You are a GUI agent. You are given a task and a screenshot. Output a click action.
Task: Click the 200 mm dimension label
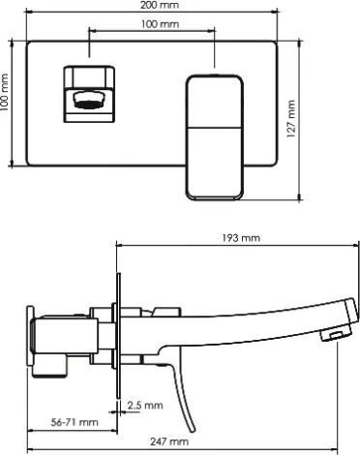pos(160,5)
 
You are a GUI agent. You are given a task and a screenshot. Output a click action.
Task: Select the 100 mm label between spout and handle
pos(160,24)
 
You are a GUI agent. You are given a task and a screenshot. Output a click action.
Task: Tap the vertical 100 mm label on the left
pos(4,92)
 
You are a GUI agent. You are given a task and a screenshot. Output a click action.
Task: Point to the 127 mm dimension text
pos(290,119)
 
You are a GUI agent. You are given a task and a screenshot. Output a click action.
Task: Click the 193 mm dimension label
pos(241,238)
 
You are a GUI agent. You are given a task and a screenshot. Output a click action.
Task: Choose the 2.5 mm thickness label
pos(145,406)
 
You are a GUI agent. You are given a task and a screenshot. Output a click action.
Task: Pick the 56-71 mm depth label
pos(75,422)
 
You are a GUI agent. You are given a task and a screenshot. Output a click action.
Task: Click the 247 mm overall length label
pos(169,441)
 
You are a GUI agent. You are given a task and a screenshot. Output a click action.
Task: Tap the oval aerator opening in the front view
pos(88,100)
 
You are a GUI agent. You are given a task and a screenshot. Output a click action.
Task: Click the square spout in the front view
pos(89,94)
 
